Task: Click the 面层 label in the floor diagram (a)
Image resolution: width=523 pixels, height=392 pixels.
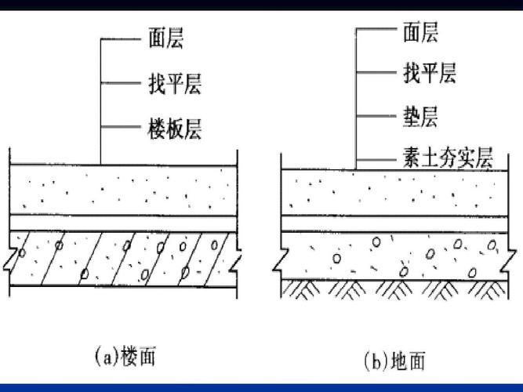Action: [165, 38]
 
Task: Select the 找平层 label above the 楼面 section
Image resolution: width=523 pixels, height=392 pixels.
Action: [173, 82]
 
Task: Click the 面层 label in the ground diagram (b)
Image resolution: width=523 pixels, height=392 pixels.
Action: [420, 32]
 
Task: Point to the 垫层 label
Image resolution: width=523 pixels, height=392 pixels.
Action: [420, 118]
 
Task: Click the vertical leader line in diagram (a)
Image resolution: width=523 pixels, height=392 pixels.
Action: [100, 102]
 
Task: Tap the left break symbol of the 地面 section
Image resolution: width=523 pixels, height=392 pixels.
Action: [276, 256]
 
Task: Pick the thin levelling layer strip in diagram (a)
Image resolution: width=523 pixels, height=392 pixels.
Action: [122, 223]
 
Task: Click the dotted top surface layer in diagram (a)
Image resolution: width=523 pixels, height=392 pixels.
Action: [122, 191]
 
